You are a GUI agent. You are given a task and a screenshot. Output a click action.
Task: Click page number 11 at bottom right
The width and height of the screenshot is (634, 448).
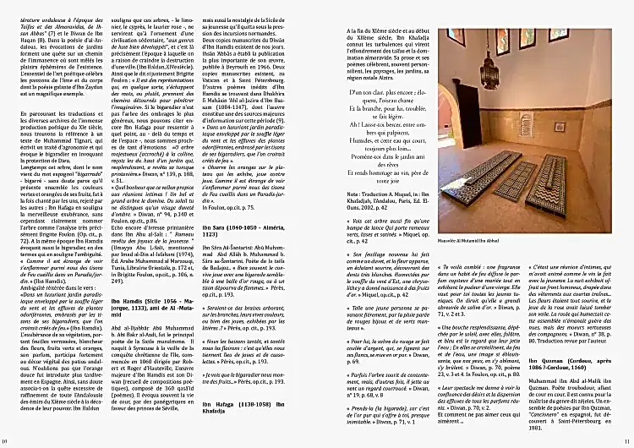(x=627, y=440)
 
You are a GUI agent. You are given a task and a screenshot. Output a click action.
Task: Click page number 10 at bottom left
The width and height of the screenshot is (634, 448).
(x=5, y=440)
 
